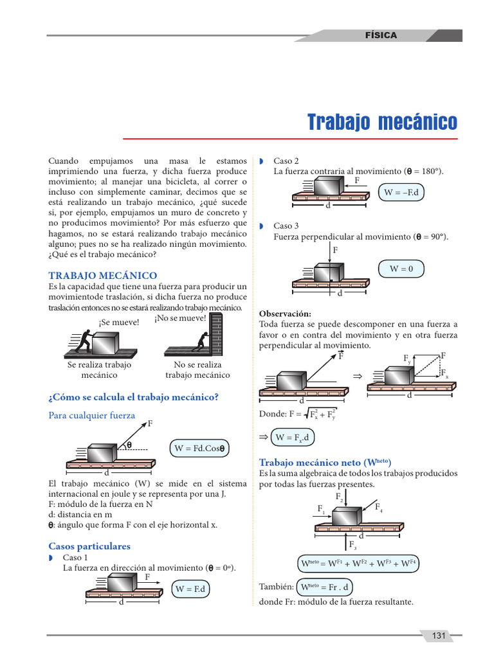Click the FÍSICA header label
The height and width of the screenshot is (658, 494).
point(381,35)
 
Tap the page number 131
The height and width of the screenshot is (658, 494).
point(439,636)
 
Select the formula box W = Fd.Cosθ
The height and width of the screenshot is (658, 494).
point(201,448)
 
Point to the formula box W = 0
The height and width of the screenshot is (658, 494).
point(401,269)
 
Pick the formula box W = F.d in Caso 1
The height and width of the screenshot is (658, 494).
point(190,589)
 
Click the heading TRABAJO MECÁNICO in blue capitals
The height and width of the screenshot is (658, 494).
point(103,275)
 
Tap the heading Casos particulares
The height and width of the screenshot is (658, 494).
point(89,546)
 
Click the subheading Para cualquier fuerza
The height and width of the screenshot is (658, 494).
point(92,415)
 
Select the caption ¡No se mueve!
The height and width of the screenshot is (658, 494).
point(180,317)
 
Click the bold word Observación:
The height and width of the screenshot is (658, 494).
point(285,314)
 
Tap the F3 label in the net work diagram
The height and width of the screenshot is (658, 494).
point(353,546)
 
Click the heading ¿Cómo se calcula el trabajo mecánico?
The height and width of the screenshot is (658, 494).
point(134,397)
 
